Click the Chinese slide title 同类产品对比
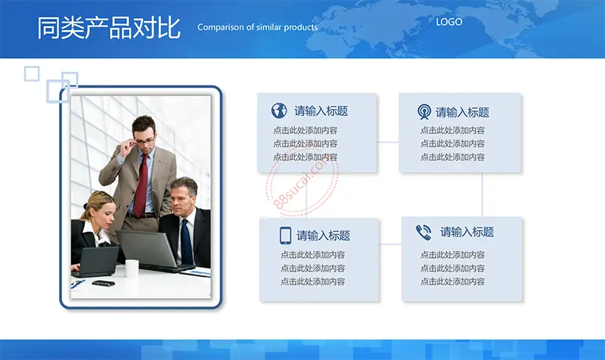click(109, 27)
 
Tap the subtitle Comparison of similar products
click(258, 27)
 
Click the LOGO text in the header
click(448, 22)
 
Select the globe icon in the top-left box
click(279, 110)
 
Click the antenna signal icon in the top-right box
click(424, 112)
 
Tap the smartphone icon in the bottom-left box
click(285, 235)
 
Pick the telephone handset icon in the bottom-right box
click(423, 233)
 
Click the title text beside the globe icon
click(321, 111)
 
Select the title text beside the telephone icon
click(467, 232)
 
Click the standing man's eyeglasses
click(144, 141)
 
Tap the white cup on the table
click(132, 268)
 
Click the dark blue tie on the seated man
click(186, 241)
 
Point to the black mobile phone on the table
click(104, 283)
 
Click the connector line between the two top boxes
click(388, 142)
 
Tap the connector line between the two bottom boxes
click(390, 244)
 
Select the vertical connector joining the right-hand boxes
click(482, 194)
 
